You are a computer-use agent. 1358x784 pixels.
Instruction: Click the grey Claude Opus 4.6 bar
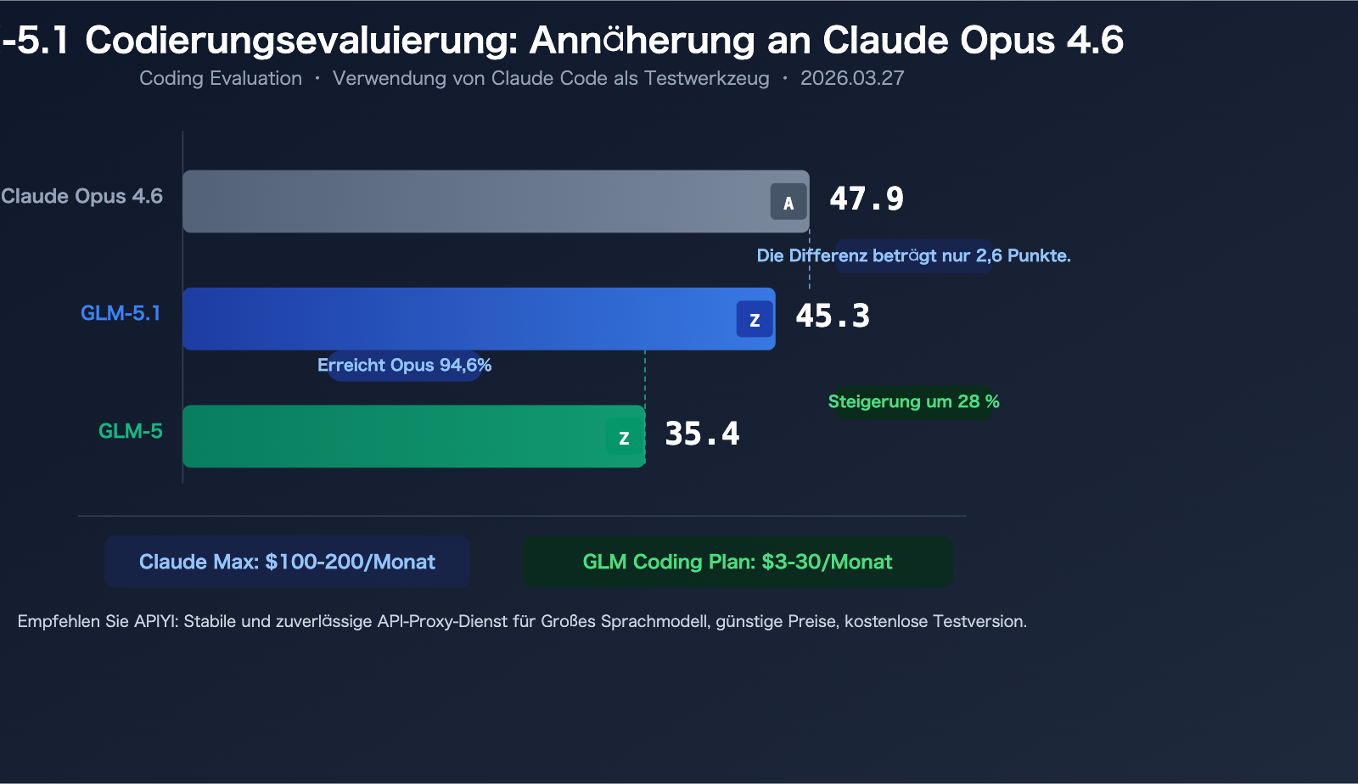point(475,201)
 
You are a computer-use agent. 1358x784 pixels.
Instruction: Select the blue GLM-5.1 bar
point(458,319)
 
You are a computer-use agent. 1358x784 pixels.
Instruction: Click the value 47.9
point(867,199)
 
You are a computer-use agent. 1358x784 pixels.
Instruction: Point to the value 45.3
point(833,316)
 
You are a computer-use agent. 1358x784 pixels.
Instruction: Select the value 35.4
point(702,434)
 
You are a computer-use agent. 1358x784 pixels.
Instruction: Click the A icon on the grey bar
point(788,203)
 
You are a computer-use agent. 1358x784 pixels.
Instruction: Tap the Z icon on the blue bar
point(755,320)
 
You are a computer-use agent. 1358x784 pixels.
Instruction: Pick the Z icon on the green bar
point(624,438)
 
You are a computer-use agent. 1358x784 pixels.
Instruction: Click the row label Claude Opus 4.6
point(81,196)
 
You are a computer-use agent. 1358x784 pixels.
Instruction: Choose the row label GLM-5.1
point(121,313)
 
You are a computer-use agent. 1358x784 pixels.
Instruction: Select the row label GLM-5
point(131,431)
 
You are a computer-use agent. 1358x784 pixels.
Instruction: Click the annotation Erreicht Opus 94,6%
point(404,366)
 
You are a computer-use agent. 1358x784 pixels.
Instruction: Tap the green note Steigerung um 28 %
point(913,401)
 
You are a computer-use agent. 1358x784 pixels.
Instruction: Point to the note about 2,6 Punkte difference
point(913,255)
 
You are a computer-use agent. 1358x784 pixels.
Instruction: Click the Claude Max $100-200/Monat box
point(287,562)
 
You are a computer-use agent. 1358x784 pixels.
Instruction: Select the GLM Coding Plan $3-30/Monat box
point(737,562)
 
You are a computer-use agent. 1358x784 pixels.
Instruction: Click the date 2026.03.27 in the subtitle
point(852,78)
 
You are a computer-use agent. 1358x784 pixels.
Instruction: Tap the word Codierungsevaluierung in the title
point(300,40)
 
